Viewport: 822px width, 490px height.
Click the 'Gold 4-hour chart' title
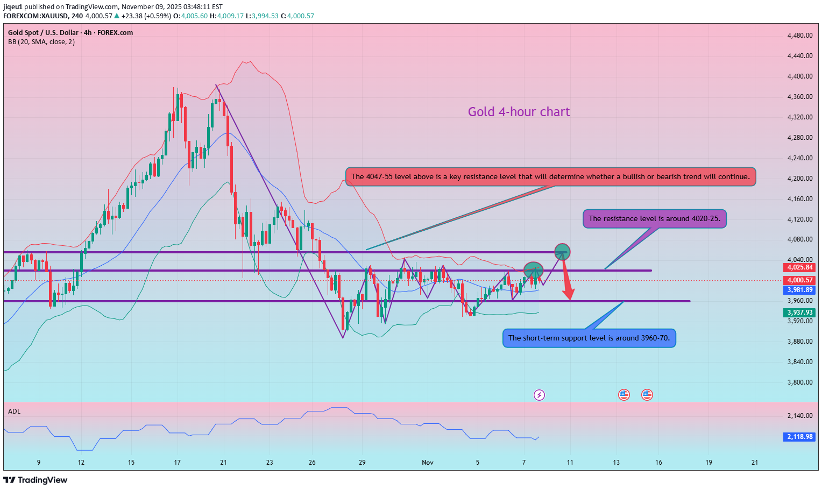click(519, 112)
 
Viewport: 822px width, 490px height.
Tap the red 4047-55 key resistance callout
click(550, 177)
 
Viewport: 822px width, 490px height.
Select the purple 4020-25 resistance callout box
click(654, 219)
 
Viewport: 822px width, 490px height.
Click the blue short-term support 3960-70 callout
click(589, 338)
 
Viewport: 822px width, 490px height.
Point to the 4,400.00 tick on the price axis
click(799, 76)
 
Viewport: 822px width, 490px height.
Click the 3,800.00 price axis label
click(799, 382)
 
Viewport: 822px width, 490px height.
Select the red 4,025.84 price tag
click(800, 267)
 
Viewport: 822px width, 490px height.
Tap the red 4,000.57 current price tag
click(800, 280)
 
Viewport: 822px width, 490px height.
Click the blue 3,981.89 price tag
click(800, 290)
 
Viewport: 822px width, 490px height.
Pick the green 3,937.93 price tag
click(800, 313)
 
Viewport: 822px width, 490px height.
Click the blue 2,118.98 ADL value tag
click(800, 437)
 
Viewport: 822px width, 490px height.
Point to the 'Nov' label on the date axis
click(428, 463)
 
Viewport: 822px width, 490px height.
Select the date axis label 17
click(178, 463)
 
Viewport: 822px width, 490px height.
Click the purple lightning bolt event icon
click(539, 395)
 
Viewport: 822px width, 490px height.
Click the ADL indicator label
click(14, 411)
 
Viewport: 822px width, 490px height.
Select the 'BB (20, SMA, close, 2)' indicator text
click(41, 42)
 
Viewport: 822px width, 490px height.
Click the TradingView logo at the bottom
click(36, 480)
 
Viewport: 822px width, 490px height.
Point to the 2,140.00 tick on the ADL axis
click(799, 416)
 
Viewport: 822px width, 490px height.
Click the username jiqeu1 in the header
click(13, 7)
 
